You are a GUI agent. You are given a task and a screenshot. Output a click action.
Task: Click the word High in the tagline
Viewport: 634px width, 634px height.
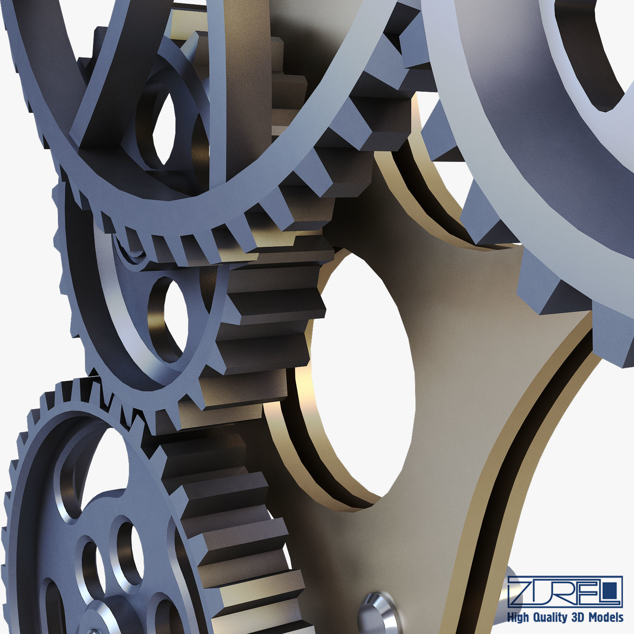coord(518,618)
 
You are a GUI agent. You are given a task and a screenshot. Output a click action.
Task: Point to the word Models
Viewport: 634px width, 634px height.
coord(607,618)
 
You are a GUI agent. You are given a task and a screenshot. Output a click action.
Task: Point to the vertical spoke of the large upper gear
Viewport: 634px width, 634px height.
coord(245,85)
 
